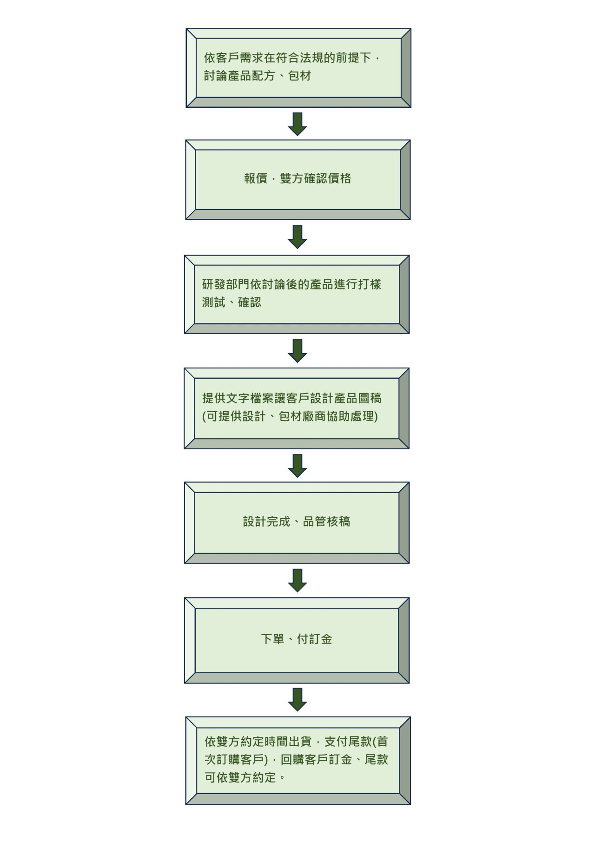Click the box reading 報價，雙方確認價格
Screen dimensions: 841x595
coord(297,179)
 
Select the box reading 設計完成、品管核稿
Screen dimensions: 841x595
coord(297,522)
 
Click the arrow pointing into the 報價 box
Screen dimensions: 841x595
coord(297,124)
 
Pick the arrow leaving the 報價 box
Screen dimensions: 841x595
coord(297,237)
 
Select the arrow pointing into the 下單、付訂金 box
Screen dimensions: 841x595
coord(297,580)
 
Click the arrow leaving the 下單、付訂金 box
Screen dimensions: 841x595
coord(297,699)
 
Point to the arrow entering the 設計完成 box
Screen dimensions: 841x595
coord(297,465)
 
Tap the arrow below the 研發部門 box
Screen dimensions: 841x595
coord(297,350)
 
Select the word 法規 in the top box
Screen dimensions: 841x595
coord(312,58)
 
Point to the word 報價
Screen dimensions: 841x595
coord(256,178)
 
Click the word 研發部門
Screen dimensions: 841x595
coord(226,284)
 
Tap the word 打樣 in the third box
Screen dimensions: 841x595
coord(370,284)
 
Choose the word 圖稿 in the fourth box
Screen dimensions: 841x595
coord(370,398)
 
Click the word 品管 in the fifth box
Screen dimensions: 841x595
coord(315,522)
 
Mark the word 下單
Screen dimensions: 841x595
coord(273,639)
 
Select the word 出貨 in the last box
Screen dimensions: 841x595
coord(300,742)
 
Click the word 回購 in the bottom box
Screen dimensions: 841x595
coord(292,760)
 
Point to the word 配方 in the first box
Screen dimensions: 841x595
coord(264,76)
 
